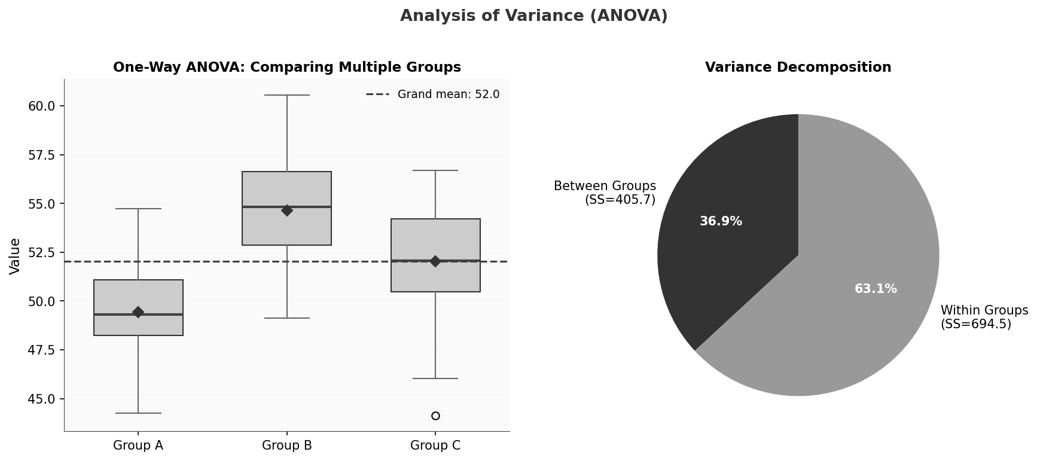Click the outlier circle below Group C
pyautogui.click(x=435, y=416)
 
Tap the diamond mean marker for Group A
pyautogui.click(x=138, y=312)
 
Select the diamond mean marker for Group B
pyautogui.click(x=287, y=210)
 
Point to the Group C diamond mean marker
pyautogui.click(x=435, y=261)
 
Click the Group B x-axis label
pyautogui.click(x=287, y=445)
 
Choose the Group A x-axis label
pyautogui.click(x=138, y=445)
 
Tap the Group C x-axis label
pyautogui.click(x=435, y=445)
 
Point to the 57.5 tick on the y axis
pyautogui.click(x=42, y=155)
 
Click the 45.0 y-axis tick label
pyautogui.click(x=42, y=399)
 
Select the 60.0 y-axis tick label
pyautogui.click(x=42, y=106)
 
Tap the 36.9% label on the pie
pyautogui.click(x=721, y=222)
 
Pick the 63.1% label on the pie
pyautogui.click(x=876, y=289)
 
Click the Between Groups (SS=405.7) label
pyautogui.click(x=605, y=193)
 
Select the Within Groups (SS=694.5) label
pyautogui.click(x=984, y=317)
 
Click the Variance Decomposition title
pyautogui.click(x=798, y=68)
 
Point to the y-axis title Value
pyautogui.click(x=16, y=256)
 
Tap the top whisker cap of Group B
pyautogui.click(x=287, y=95)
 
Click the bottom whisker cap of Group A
pyautogui.click(x=138, y=413)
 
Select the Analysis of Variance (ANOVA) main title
pyautogui.click(x=533, y=16)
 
